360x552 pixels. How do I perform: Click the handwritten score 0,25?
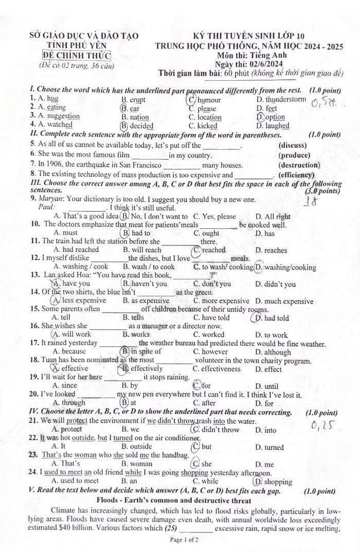(x=323, y=425)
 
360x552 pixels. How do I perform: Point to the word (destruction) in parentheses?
(x=299, y=165)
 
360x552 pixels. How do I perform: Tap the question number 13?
(x=35, y=275)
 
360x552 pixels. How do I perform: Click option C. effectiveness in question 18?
(x=217, y=369)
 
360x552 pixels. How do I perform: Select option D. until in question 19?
(x=267, y=386)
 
